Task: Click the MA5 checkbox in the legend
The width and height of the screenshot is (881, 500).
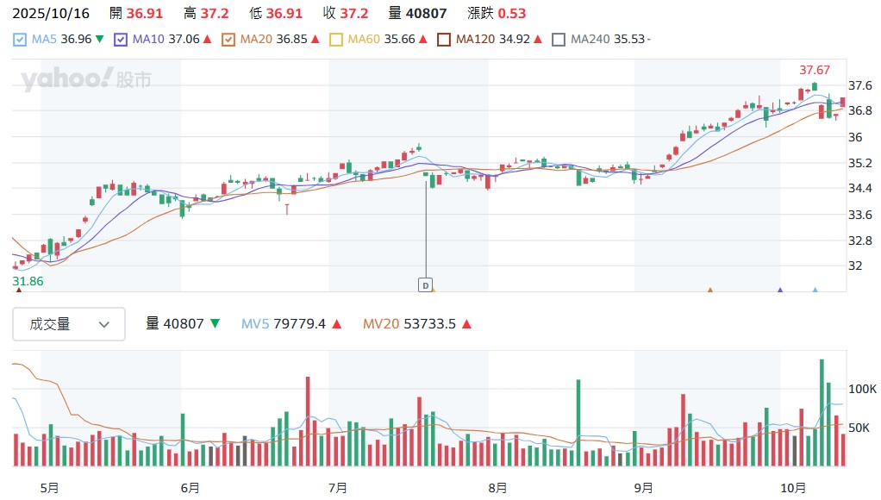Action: click(20, 39)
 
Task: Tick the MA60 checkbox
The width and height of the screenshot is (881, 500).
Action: click(337, 39)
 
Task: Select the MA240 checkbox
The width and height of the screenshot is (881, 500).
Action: click(559, 39)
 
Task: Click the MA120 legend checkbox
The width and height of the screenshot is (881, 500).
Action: click(444, 39)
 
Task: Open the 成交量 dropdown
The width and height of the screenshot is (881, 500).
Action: click(69, 324)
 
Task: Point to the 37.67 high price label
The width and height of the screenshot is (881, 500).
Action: click(815, 70)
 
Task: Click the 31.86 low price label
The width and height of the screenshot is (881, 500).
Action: click(28, 281)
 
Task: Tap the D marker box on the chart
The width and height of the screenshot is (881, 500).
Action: click(425, 284)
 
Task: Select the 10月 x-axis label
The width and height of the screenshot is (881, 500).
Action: click(794, 488)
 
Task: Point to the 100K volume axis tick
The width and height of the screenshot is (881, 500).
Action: click(863, 389)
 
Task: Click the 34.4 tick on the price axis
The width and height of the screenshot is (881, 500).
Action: click(861, 188)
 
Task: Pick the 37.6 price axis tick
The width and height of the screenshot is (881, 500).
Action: click(861, 85)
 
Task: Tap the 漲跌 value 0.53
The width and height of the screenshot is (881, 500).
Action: click(512, 13)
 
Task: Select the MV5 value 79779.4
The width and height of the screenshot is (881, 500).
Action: click(299, 324)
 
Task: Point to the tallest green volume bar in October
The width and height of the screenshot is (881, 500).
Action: click(822, 413)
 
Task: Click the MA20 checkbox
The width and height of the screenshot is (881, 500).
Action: click(228, 39)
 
